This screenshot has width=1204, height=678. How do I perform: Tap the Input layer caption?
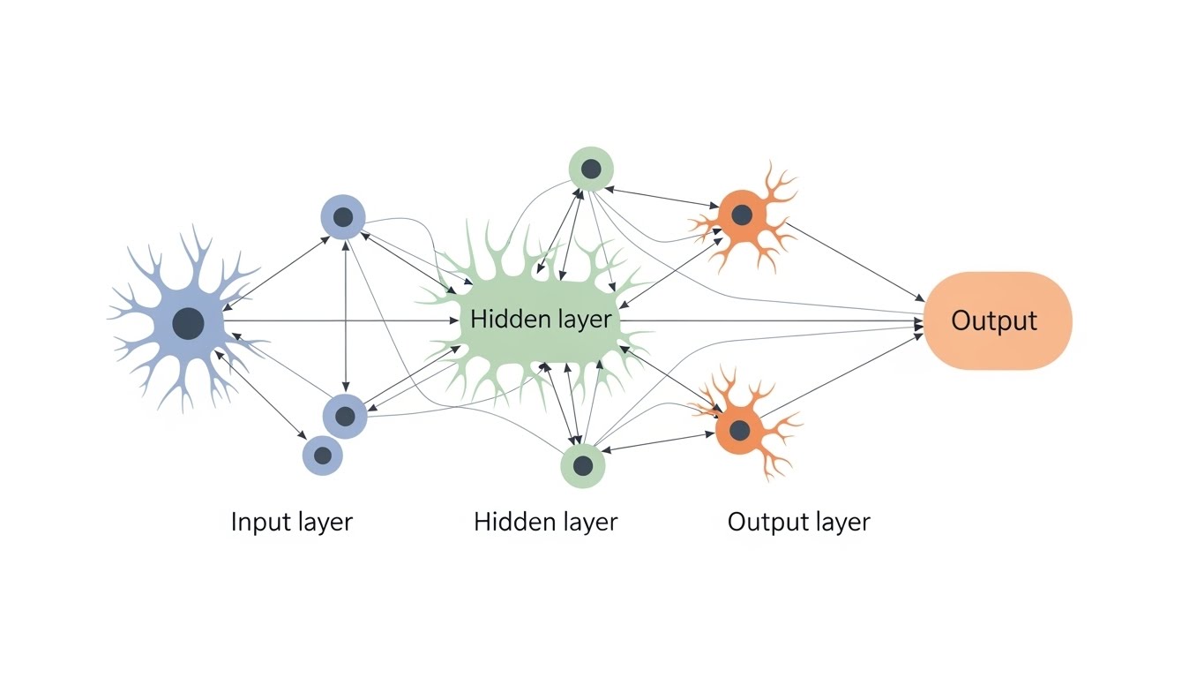tap(291, 522)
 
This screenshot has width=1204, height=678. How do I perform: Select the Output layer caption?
tap(798, 522)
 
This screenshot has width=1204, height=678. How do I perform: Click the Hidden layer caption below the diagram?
tap(545, 522)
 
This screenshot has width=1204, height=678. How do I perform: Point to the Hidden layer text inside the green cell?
tap(540, 320)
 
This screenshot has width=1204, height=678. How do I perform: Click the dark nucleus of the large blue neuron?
tap(188, 323)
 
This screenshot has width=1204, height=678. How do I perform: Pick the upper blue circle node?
tap(343, 216)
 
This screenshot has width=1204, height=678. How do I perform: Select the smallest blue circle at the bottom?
tap(323, 456)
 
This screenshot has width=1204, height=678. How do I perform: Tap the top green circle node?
tap(591, 169)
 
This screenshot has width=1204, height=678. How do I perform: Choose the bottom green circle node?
tap(583, 464)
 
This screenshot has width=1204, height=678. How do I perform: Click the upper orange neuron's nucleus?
tap(742, 214)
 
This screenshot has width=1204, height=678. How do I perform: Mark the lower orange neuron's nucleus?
tap(739, 431)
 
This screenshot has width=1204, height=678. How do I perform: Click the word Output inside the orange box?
tap(994, 320)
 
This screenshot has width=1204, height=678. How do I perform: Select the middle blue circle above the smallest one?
tap(345, 416)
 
